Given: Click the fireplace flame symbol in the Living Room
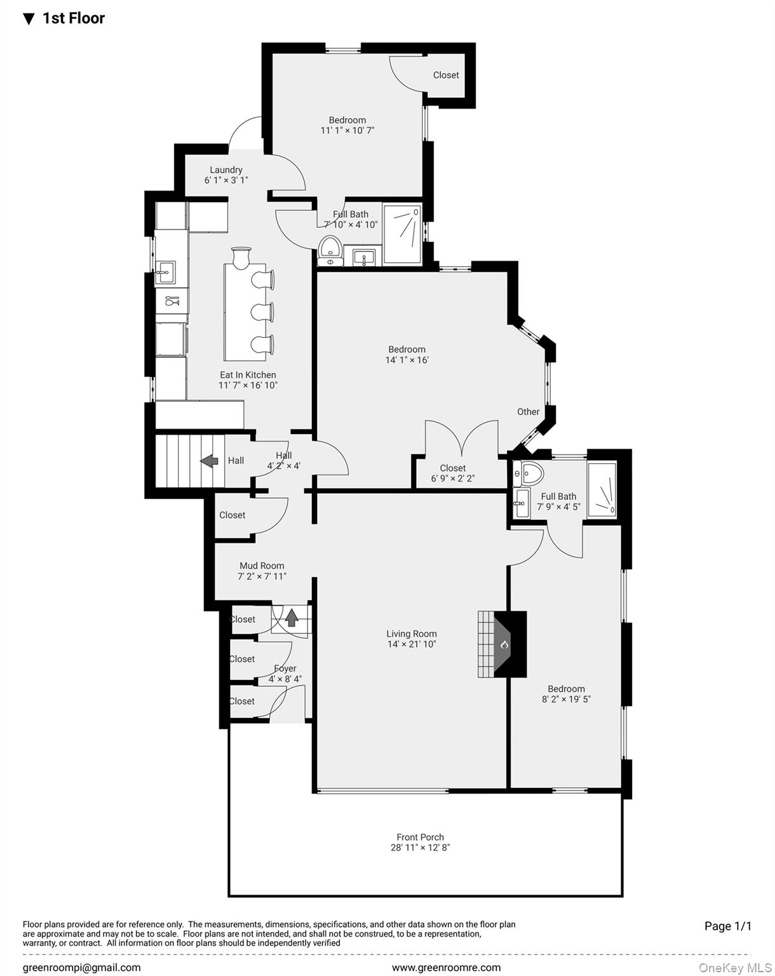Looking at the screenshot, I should point(504,644).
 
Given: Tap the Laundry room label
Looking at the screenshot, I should point(226,170).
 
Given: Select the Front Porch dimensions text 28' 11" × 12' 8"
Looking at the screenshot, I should point(420,848).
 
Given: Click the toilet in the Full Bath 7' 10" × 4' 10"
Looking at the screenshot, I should point(330,249).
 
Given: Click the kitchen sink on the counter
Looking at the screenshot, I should point(165,273).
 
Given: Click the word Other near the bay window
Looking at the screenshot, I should point(528,412).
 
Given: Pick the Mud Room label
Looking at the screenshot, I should point(262,566).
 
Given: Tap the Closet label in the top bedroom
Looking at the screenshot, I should point(446,75).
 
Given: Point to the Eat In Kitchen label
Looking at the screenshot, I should point(248,375).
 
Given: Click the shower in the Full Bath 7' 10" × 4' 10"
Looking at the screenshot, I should point(403,233).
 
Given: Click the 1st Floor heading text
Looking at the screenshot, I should point(73,18).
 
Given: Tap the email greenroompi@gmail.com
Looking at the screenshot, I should point(82,968).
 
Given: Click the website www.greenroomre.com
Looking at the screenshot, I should point(446,968).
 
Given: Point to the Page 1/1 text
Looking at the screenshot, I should point(727,926).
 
